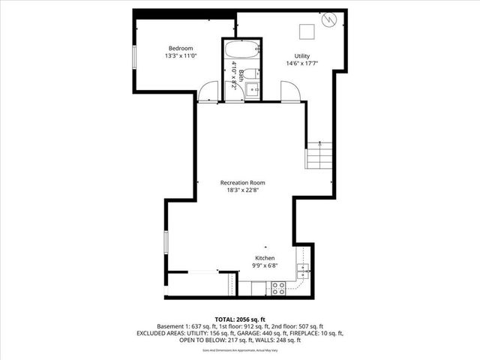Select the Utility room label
pyautogui.click(x=301, y=56)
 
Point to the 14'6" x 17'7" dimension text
pyautogui.click(x=301, y=64)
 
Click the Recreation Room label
pyautogui.click(x=242, y=182)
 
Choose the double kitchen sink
pyautogui.click(x=301, y=271)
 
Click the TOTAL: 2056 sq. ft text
pyautogui.click(x=240, y=319)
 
